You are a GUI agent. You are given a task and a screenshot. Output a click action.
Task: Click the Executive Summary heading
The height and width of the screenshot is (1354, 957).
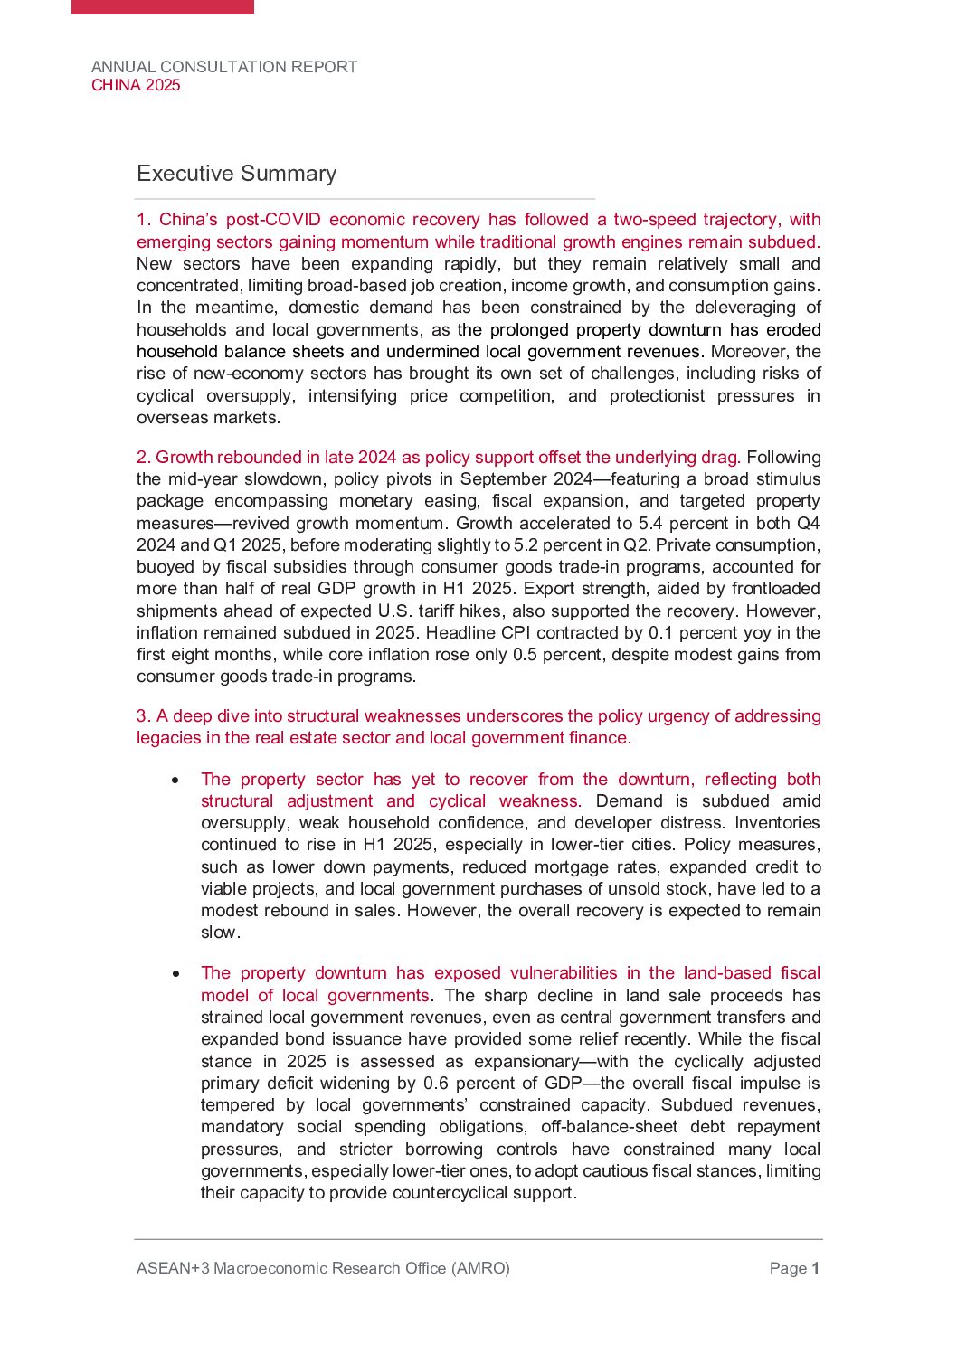point(236,174)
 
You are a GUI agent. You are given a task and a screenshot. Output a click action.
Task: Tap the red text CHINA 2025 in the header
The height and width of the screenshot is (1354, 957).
point(136,85)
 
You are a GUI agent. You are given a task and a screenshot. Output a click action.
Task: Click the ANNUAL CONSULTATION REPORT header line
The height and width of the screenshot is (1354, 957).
point(224,67)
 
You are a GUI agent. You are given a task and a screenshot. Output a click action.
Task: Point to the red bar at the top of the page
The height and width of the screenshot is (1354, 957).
point(163,6)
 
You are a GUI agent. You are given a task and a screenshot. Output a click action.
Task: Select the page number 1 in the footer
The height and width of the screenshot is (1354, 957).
point(815,1268)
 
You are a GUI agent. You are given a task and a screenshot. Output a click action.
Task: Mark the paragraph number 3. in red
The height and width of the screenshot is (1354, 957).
point(144,716)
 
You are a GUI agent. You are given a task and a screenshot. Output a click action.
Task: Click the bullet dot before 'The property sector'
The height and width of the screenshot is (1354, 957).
point(175,780)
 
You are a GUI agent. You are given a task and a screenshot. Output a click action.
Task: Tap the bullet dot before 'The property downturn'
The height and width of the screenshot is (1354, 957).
point(175,973)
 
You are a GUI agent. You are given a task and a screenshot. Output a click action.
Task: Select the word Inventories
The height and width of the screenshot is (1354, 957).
point(777,823)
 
